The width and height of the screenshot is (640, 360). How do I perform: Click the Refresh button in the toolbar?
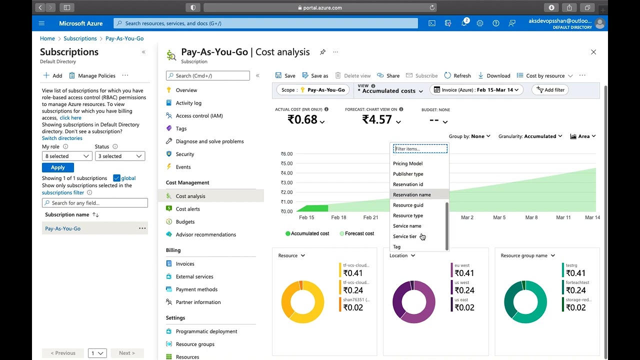click(x=457, y=75)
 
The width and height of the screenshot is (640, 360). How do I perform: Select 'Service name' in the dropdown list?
click(x=407, y=226)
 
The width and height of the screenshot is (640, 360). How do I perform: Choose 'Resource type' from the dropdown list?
click(x=408, y=215)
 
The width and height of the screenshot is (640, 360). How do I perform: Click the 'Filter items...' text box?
click(x=420, y=148)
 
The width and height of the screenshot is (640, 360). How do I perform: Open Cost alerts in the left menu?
click(x=187, y=209)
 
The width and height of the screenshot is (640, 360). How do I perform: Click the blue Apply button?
click(x=58, y=167)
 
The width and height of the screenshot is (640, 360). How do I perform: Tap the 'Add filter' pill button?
click(x=550, y=90)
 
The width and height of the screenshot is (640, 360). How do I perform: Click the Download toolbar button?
click(x=494, y=75)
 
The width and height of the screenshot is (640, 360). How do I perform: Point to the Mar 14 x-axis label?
click(x=592, y=217)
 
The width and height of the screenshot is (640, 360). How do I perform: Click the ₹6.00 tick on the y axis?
click(x=286, y=154)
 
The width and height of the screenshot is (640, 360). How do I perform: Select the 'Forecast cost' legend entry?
click(x=356, y=233)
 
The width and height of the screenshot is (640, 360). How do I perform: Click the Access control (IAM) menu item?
click(x=199, y=116)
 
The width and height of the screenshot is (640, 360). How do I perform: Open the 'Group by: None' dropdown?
click(x=469, y=136)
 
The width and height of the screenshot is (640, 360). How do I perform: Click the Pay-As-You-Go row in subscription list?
click(x=63, y=228)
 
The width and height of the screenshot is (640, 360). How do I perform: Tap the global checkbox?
click(x=116, y=178)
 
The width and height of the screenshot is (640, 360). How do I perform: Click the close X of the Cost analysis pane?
click(x=593, y=52)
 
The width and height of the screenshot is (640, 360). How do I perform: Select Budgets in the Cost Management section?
click(x=185, y=222)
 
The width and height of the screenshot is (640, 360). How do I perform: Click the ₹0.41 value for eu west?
click(x=464, y=273)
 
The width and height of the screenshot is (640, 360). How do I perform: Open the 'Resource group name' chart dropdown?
click(x=528, y=255)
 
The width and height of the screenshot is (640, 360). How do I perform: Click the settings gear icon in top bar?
click(x=480, y=23)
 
